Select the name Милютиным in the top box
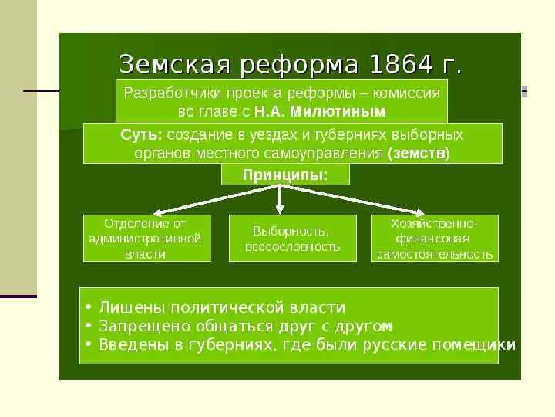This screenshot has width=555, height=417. (x=344, y=110)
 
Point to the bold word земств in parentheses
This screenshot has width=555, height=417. (x=420, y=152)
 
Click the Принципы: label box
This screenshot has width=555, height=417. (x=285, y=175)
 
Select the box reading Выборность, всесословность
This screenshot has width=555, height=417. (x=292, y=239)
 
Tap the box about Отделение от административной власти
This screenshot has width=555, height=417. (x=145, y=238)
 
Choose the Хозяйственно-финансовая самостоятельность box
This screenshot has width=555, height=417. (x=434, y=238)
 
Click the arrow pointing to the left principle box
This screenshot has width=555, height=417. (x=193, y=202)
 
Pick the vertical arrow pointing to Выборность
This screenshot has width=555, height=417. (x=280, y=198)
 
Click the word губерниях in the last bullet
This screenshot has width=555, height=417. (x=230, y=344)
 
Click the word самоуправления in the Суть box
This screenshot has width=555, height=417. (x=336, y=152)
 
